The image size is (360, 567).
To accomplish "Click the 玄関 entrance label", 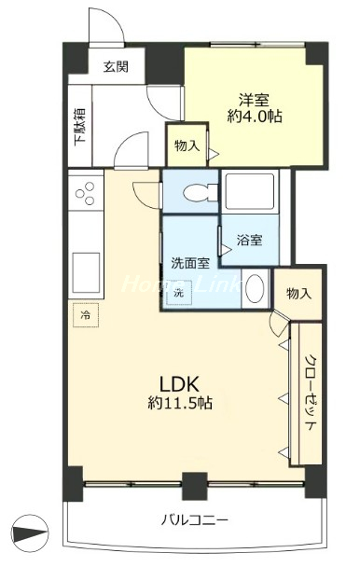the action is tap(116, 66).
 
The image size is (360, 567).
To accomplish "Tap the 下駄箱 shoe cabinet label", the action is tap(80, 127).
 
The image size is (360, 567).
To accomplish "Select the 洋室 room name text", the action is tap(255, 100).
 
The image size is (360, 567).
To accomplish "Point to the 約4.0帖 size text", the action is tap(255, 116).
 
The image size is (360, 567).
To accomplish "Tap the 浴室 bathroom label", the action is tap(250, 240).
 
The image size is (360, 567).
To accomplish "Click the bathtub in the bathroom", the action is tap(250, 191).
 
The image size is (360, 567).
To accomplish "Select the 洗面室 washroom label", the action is tap(190, 263).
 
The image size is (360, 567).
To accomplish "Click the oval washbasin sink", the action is tap(255, 287).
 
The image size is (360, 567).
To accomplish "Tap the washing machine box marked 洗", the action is tap(179, 293).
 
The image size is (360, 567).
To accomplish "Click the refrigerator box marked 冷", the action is tap(86, 314).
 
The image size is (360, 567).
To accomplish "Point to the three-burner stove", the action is tap(86, 192).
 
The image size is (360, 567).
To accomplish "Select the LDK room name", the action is tap(179, 384).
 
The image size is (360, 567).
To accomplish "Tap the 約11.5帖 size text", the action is tap(180, 403).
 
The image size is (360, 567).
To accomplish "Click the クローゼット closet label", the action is tap(311, 393).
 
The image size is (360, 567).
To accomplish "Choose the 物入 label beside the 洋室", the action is tap(187, 145).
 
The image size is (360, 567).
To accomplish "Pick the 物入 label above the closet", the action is tap(298, 294).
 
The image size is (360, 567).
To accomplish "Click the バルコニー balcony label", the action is tap(195, 520).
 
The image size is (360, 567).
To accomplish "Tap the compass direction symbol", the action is tap(30, 533).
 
